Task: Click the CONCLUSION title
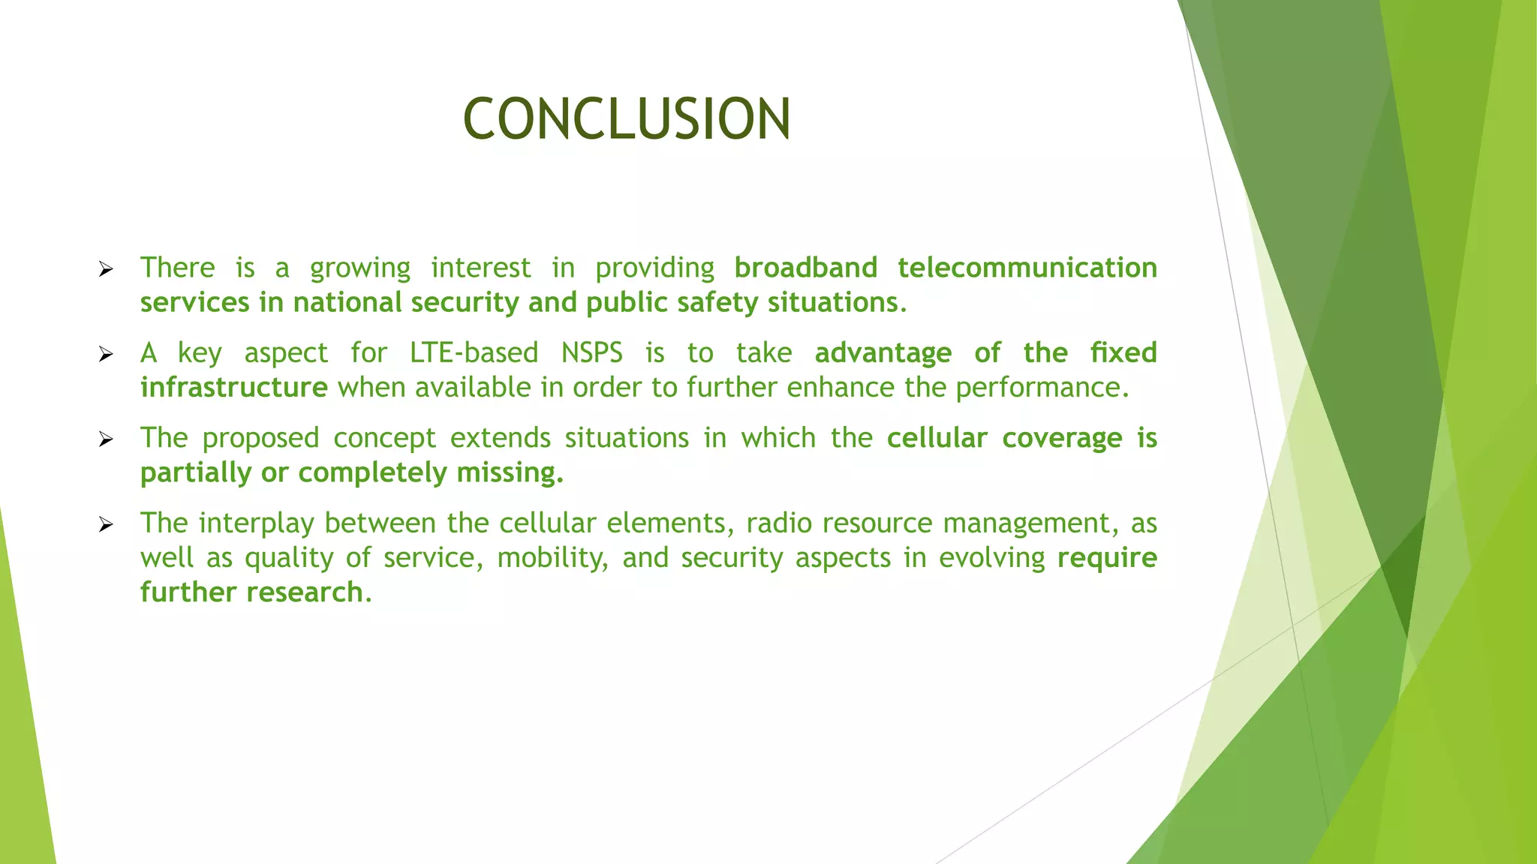tap(627, 118)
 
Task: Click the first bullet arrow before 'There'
tap(106, 269)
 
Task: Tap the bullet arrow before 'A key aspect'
tap(106, 354)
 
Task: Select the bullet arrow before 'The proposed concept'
tap(106, 439)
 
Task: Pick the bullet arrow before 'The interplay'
tap(106, 524)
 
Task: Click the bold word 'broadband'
tap(805, 268)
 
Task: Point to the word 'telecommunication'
tap(1027, 268)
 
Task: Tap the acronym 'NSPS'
tap(592, 352)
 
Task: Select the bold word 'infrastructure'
tap(233, 387)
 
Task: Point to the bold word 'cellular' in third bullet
tap(937, 438)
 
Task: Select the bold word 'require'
tap(1107, 558)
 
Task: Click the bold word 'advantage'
tap(883, 352)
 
